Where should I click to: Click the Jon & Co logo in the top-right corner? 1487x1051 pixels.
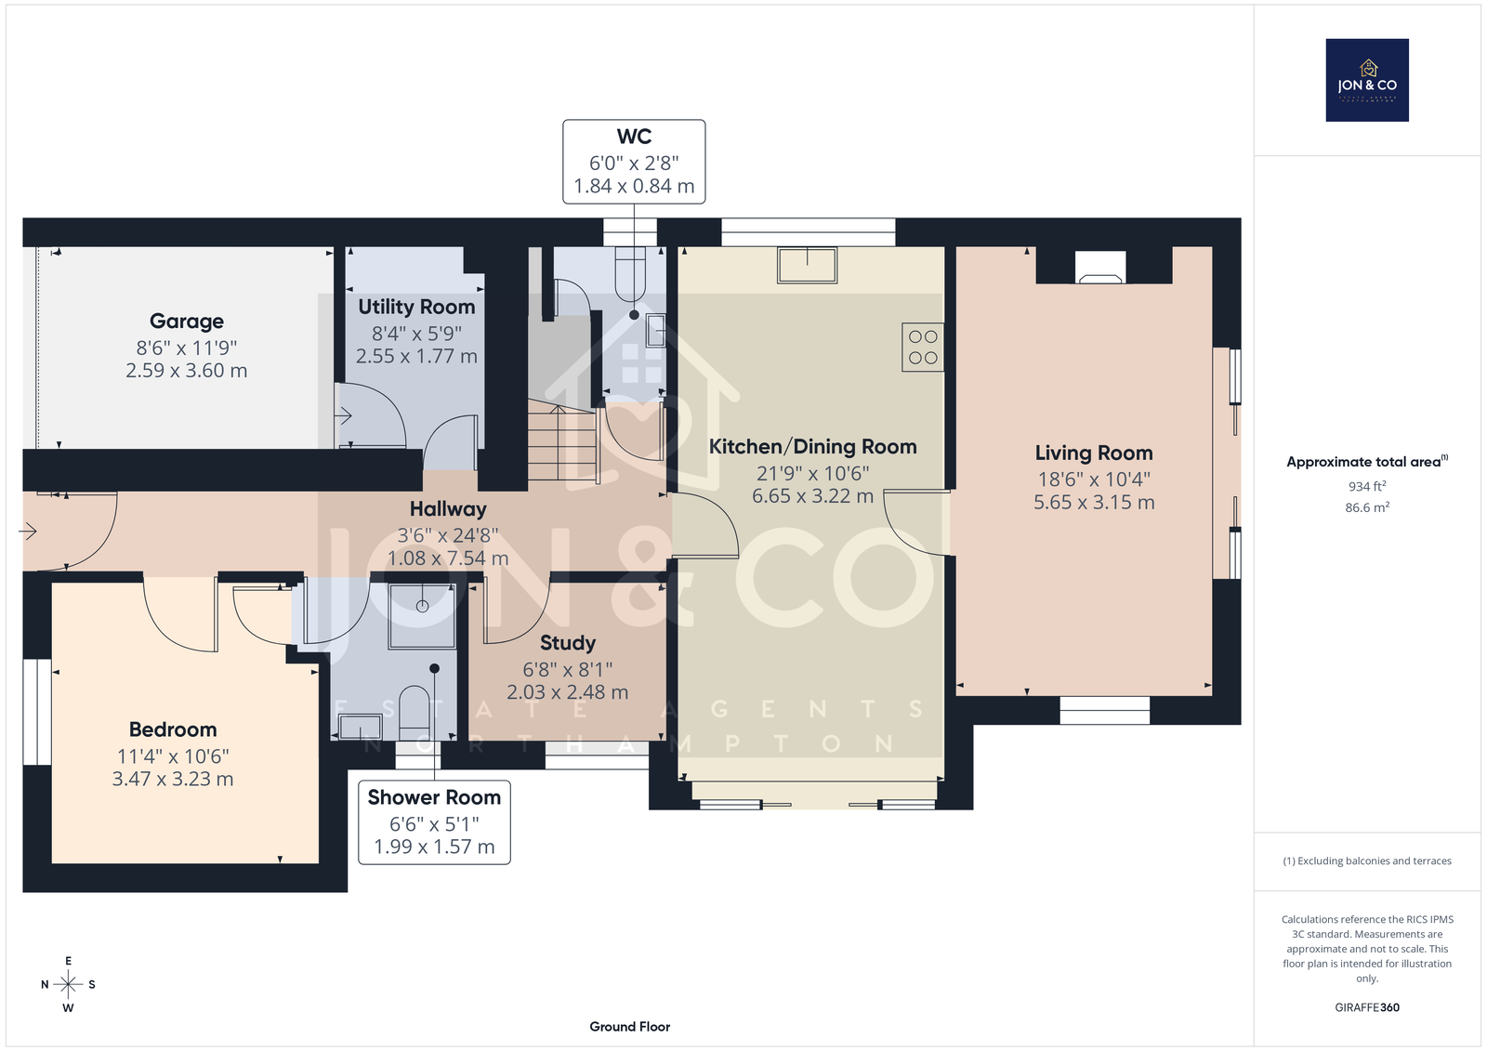pos(1367,80)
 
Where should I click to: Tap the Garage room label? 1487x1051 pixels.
pos(187,322)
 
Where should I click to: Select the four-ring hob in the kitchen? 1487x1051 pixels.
pos(923,348)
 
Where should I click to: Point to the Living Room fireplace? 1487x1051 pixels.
pos(1100,267)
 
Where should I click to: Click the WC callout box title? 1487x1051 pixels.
pos(634,136)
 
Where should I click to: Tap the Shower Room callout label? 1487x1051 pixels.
pos(434,797)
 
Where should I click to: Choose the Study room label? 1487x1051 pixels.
pos(568,643)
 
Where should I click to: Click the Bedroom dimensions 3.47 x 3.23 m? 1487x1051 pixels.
pos(173,779)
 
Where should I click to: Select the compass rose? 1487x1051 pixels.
pos(68,984)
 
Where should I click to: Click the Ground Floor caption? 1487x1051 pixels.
pos(630,1027)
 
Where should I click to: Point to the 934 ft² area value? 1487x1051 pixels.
pos(1367,486)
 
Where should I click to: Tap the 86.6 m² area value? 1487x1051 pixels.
pos(1367,507)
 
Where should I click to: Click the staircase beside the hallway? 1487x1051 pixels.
pos(562,440)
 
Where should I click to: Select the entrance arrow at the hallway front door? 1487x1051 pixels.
pos(27,532)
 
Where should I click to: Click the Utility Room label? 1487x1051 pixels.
pos(416,307)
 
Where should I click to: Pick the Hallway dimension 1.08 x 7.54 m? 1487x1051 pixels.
pos(448,558)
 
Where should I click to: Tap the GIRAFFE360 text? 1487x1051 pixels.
pos(1367,1007)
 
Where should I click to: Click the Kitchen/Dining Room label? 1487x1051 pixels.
pos(812,447)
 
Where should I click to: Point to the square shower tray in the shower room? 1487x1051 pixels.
pos(422,615)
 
